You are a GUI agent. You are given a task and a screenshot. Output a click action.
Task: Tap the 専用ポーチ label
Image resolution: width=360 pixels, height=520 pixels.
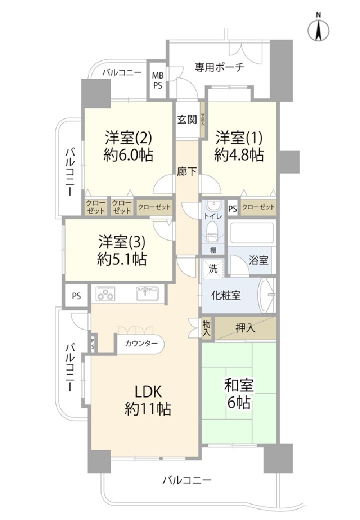pos(220,67)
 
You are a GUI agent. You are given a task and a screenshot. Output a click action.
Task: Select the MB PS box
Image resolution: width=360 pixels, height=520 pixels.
pos(158,80)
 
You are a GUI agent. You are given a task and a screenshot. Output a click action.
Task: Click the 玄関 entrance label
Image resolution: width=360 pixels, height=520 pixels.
pos(187,120)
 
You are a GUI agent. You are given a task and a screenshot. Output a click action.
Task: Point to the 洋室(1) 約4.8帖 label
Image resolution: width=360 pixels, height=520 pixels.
pos(239,146)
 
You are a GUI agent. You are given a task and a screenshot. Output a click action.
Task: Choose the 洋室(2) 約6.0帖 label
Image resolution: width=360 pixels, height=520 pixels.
pos(128,146)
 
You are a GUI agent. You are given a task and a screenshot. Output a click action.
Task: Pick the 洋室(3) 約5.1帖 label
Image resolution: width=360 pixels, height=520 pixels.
pos(122,250)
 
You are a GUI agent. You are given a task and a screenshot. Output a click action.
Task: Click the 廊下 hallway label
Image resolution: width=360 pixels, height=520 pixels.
pos(187,172)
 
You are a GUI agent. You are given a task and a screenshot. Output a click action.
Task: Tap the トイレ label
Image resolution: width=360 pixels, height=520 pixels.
pos(213,216)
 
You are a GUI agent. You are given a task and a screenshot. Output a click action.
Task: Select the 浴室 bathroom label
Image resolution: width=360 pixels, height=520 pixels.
pos(258,260)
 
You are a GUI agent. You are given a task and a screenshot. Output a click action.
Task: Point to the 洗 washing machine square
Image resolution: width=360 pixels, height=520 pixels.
pos(213,269)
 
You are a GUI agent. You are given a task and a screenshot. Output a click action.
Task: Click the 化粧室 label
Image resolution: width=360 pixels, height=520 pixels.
pos(226,296)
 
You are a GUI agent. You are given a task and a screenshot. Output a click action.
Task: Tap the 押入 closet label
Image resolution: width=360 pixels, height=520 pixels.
pos(246,328)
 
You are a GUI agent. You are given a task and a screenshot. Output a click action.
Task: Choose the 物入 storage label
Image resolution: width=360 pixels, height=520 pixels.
pos(206,328)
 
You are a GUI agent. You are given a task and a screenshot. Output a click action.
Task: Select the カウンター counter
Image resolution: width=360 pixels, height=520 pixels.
pos(141,344)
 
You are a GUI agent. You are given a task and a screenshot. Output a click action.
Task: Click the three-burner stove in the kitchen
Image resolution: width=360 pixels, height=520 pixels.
pos(105,294)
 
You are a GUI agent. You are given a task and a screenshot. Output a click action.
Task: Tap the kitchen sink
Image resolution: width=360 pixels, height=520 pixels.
pos(147,293)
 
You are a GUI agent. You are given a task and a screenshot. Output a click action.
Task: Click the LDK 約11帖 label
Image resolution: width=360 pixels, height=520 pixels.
pos(148,400)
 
